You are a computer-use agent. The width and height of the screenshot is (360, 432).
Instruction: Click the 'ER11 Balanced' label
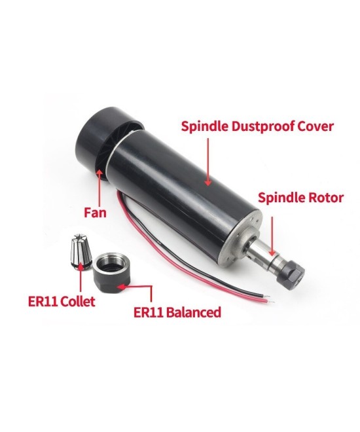tap(177, 312)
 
